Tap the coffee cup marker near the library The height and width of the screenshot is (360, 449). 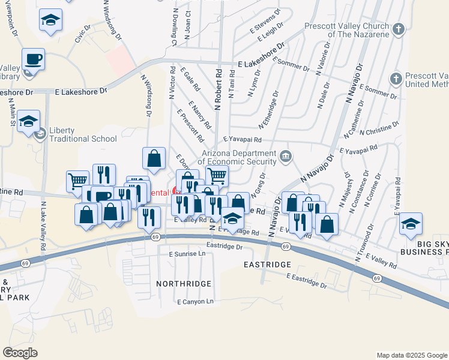pos(34,60)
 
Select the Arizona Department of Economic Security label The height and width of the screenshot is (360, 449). pos(238,157)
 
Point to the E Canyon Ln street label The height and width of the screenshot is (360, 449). pos(196,301)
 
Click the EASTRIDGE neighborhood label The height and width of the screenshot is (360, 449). pos(267,264)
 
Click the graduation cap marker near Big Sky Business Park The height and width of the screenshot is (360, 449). pos(411,224)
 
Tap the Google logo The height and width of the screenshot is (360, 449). pos(20,352)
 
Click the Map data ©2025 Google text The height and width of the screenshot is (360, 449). pos(411,355)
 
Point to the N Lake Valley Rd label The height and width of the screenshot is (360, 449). pos(43,227)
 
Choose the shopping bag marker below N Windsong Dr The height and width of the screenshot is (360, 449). pos(154,159)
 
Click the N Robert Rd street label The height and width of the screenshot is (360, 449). pos(218,85)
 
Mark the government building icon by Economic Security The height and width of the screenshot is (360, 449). pos(286,157)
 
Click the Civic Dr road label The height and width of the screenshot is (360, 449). pos(82,32)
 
